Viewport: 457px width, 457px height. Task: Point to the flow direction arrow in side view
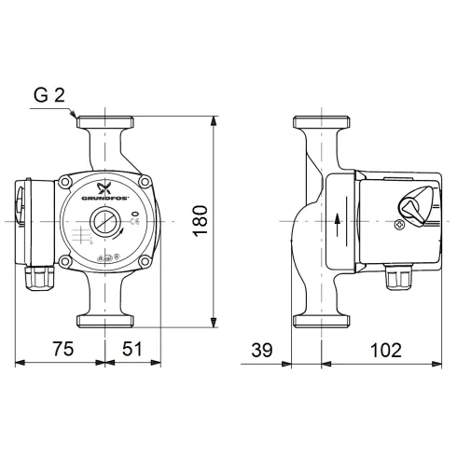[x=333, y=222]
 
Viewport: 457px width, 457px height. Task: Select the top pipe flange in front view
[x=104, y=122]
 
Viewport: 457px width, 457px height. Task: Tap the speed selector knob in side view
[x=413, y=203]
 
